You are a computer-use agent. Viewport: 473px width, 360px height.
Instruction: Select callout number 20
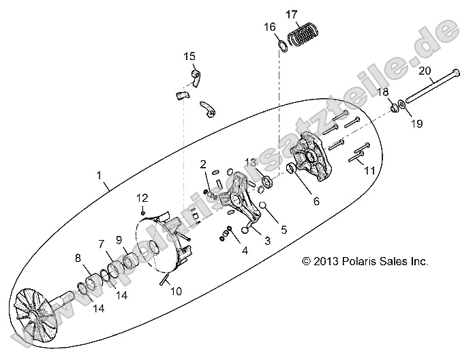(424, 70)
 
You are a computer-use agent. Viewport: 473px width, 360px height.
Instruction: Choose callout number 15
(189, 56)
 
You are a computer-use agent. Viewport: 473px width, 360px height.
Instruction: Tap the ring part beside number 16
(281, 46)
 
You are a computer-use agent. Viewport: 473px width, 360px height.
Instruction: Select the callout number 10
(176, 291)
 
